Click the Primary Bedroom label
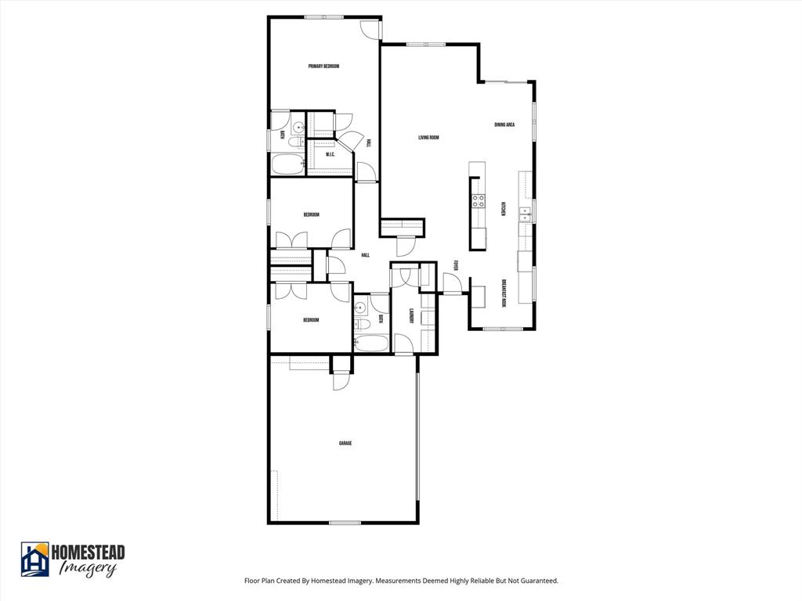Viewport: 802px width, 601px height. click(323, 67)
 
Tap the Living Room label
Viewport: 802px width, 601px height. click(428, 138)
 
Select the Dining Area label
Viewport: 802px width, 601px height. click(504, 125)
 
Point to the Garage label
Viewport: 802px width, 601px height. click(345, 444)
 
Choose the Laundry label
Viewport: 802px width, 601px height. click(411, 317)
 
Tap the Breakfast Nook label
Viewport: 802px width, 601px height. click(504, 293)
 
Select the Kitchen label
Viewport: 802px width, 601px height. click(504, 210)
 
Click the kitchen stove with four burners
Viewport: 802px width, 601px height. click(477, 200)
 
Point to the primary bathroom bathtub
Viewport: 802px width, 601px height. click(287, 164)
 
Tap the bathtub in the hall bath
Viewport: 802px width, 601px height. click(370, 343)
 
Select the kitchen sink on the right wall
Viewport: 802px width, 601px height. click(525, 215)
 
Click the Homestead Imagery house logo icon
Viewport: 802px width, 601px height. click(34, 560)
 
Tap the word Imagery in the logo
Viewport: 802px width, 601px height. click(88, 570)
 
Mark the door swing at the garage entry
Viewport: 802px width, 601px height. click(341, 381)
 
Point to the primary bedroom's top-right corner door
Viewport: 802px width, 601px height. click(370, 28)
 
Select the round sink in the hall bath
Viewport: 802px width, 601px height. click(362, 308)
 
